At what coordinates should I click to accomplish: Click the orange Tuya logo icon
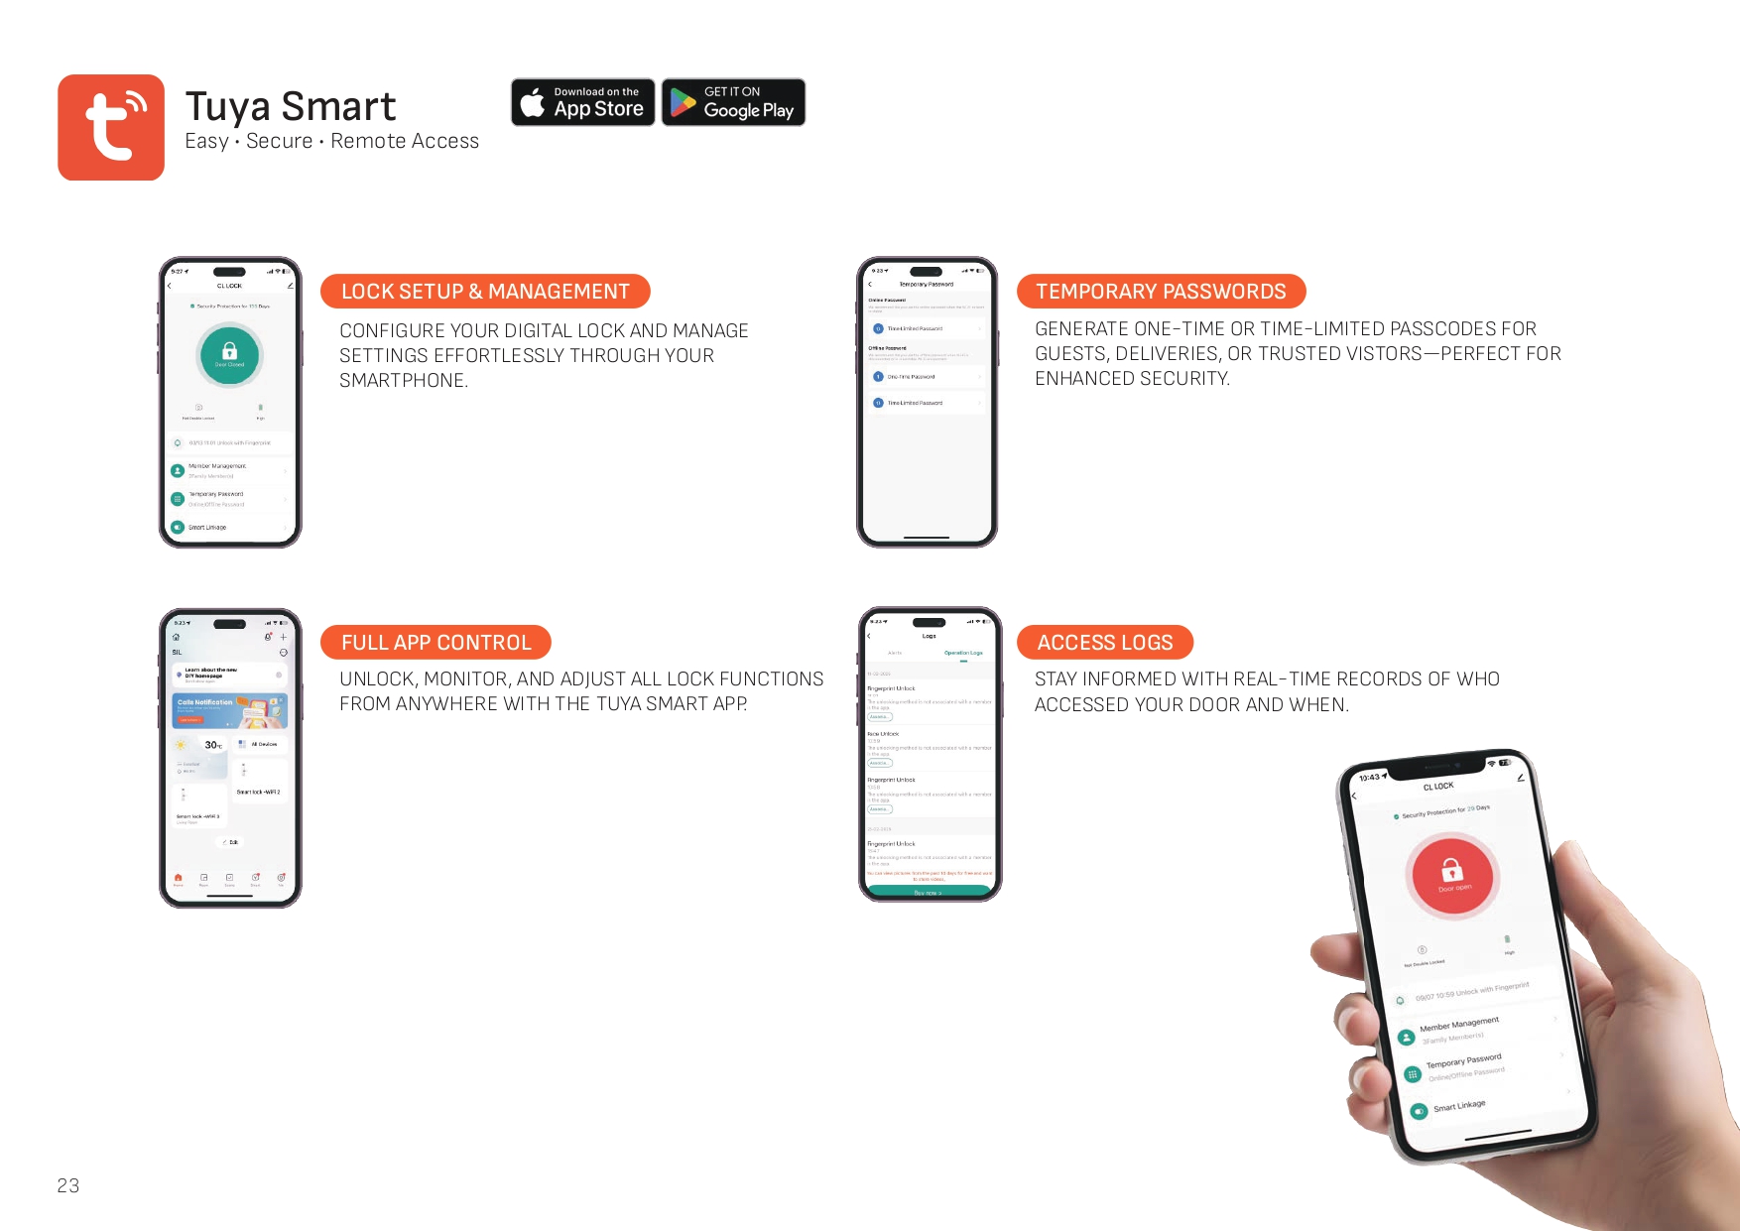(111, 127)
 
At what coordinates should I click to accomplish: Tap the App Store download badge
(583, 102)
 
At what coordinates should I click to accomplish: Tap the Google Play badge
(733, 102)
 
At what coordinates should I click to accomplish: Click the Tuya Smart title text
(290, 106)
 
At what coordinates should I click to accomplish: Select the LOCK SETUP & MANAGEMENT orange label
(485, 292)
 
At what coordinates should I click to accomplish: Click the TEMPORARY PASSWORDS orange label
(1161, 292)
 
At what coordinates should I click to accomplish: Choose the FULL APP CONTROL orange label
(435, 643)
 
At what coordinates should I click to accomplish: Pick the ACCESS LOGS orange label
(1104, 643)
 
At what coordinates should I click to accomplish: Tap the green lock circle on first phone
(229, 354)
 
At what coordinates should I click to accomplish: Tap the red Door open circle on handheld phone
(1452, 874)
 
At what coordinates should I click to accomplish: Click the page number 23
(67, 1185)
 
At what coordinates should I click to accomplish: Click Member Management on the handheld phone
(1458, 1024)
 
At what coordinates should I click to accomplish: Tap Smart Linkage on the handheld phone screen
(1459, 1105)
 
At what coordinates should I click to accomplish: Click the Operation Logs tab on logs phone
(962, 653)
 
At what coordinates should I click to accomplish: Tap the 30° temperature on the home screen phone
(212, 745)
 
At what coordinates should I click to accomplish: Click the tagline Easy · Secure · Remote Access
(331, 142)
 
